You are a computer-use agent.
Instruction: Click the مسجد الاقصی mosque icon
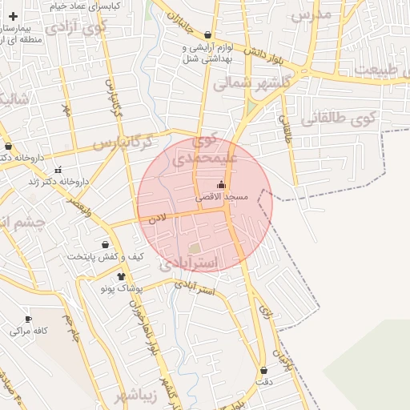[222, 185]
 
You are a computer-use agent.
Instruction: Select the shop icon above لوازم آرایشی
[208, 35]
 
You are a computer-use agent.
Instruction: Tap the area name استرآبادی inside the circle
[205, 263]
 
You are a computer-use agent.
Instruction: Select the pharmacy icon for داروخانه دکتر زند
[58, 171]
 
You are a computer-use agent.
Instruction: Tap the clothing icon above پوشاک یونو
[121, 276]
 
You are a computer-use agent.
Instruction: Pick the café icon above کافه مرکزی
[30, 319]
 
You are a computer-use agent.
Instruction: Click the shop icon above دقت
[264, 370]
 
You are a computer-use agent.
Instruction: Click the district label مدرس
[311, 14]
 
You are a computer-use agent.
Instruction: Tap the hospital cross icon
[14, 16]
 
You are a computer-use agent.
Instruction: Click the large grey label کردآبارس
[123, 145]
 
